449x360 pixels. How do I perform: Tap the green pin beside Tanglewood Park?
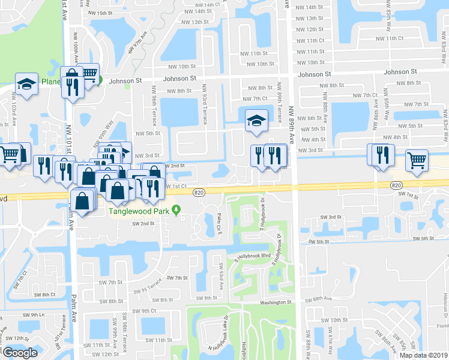[176, 209]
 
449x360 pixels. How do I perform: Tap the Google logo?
[20, 353]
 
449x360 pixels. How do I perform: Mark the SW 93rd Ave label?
[221, 277]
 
